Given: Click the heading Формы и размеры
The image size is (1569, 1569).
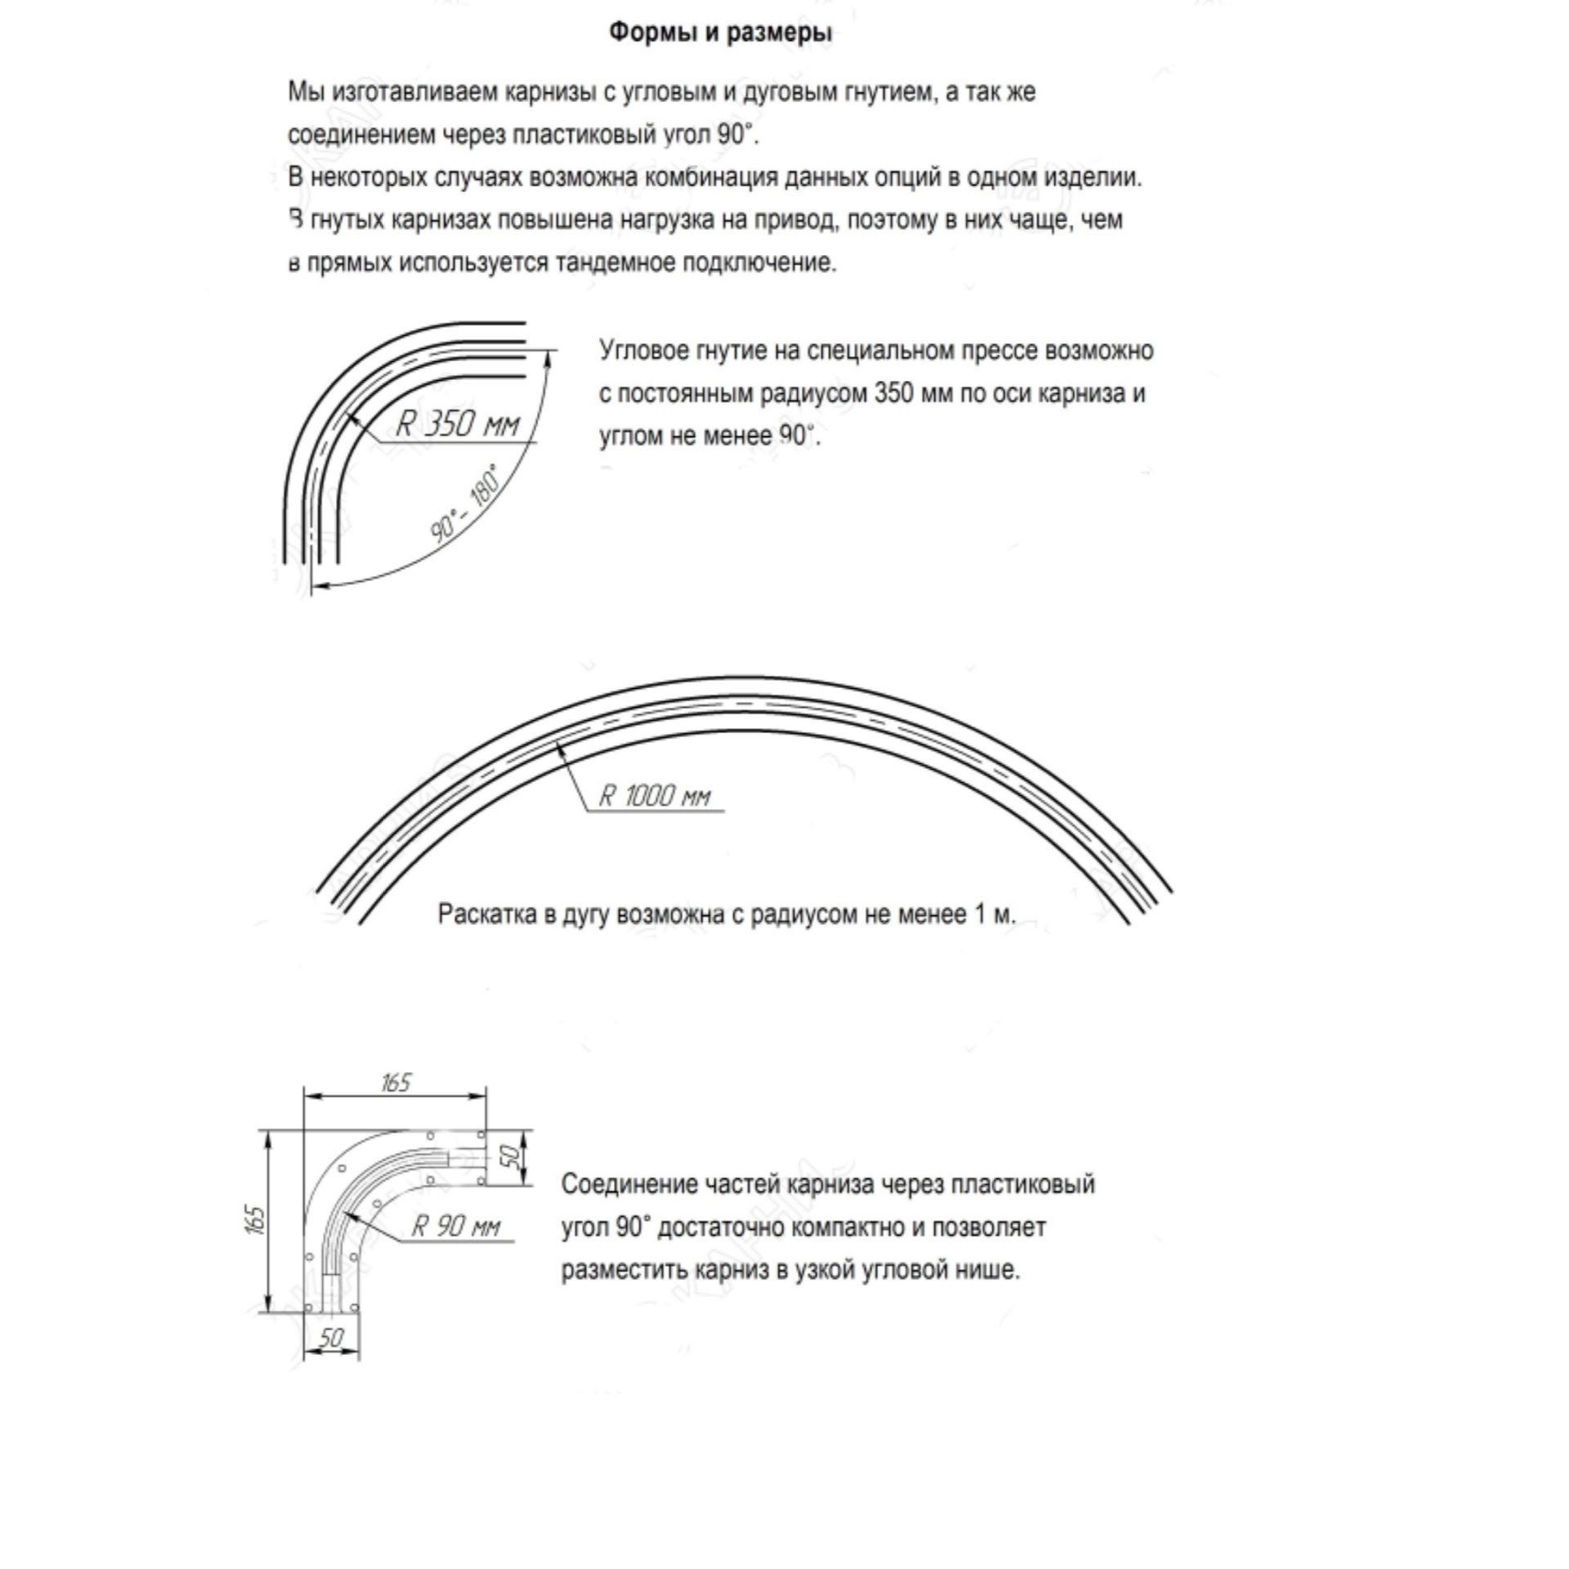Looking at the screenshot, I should point(721,33).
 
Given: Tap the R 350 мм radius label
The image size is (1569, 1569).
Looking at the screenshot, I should point(457,423).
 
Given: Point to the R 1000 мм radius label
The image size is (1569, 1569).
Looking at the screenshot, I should point(655,795).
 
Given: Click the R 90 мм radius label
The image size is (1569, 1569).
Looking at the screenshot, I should point(455,1225).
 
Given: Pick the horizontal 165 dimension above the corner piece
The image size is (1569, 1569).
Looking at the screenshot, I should point(396,1083).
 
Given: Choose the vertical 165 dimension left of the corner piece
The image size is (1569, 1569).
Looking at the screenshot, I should point(256,1219).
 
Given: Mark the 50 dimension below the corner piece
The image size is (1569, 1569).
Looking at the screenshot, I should point(331,1338).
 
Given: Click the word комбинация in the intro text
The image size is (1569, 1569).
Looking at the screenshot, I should point(711,177).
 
